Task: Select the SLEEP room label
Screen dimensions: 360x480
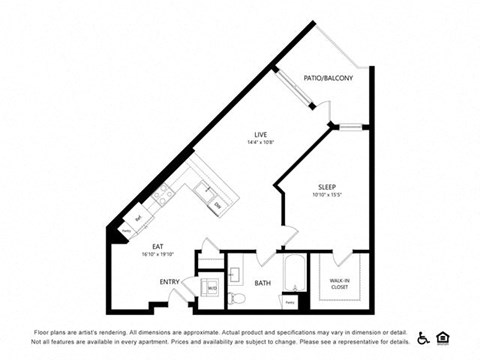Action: pos(327,186)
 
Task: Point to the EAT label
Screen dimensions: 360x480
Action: pos(157,246)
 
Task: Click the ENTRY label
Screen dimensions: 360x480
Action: pos(169,281)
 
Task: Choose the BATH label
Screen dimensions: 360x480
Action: pos(261,283)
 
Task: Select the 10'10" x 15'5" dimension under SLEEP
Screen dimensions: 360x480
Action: pos(327,196)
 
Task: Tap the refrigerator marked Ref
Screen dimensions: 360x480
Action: pos(138,218)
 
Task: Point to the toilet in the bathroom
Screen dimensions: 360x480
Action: pos(236,297)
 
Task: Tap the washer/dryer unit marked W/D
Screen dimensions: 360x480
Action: pos(212,288)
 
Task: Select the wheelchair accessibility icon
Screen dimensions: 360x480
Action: pos(423,336)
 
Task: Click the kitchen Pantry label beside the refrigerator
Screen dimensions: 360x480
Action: pos(127,230)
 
